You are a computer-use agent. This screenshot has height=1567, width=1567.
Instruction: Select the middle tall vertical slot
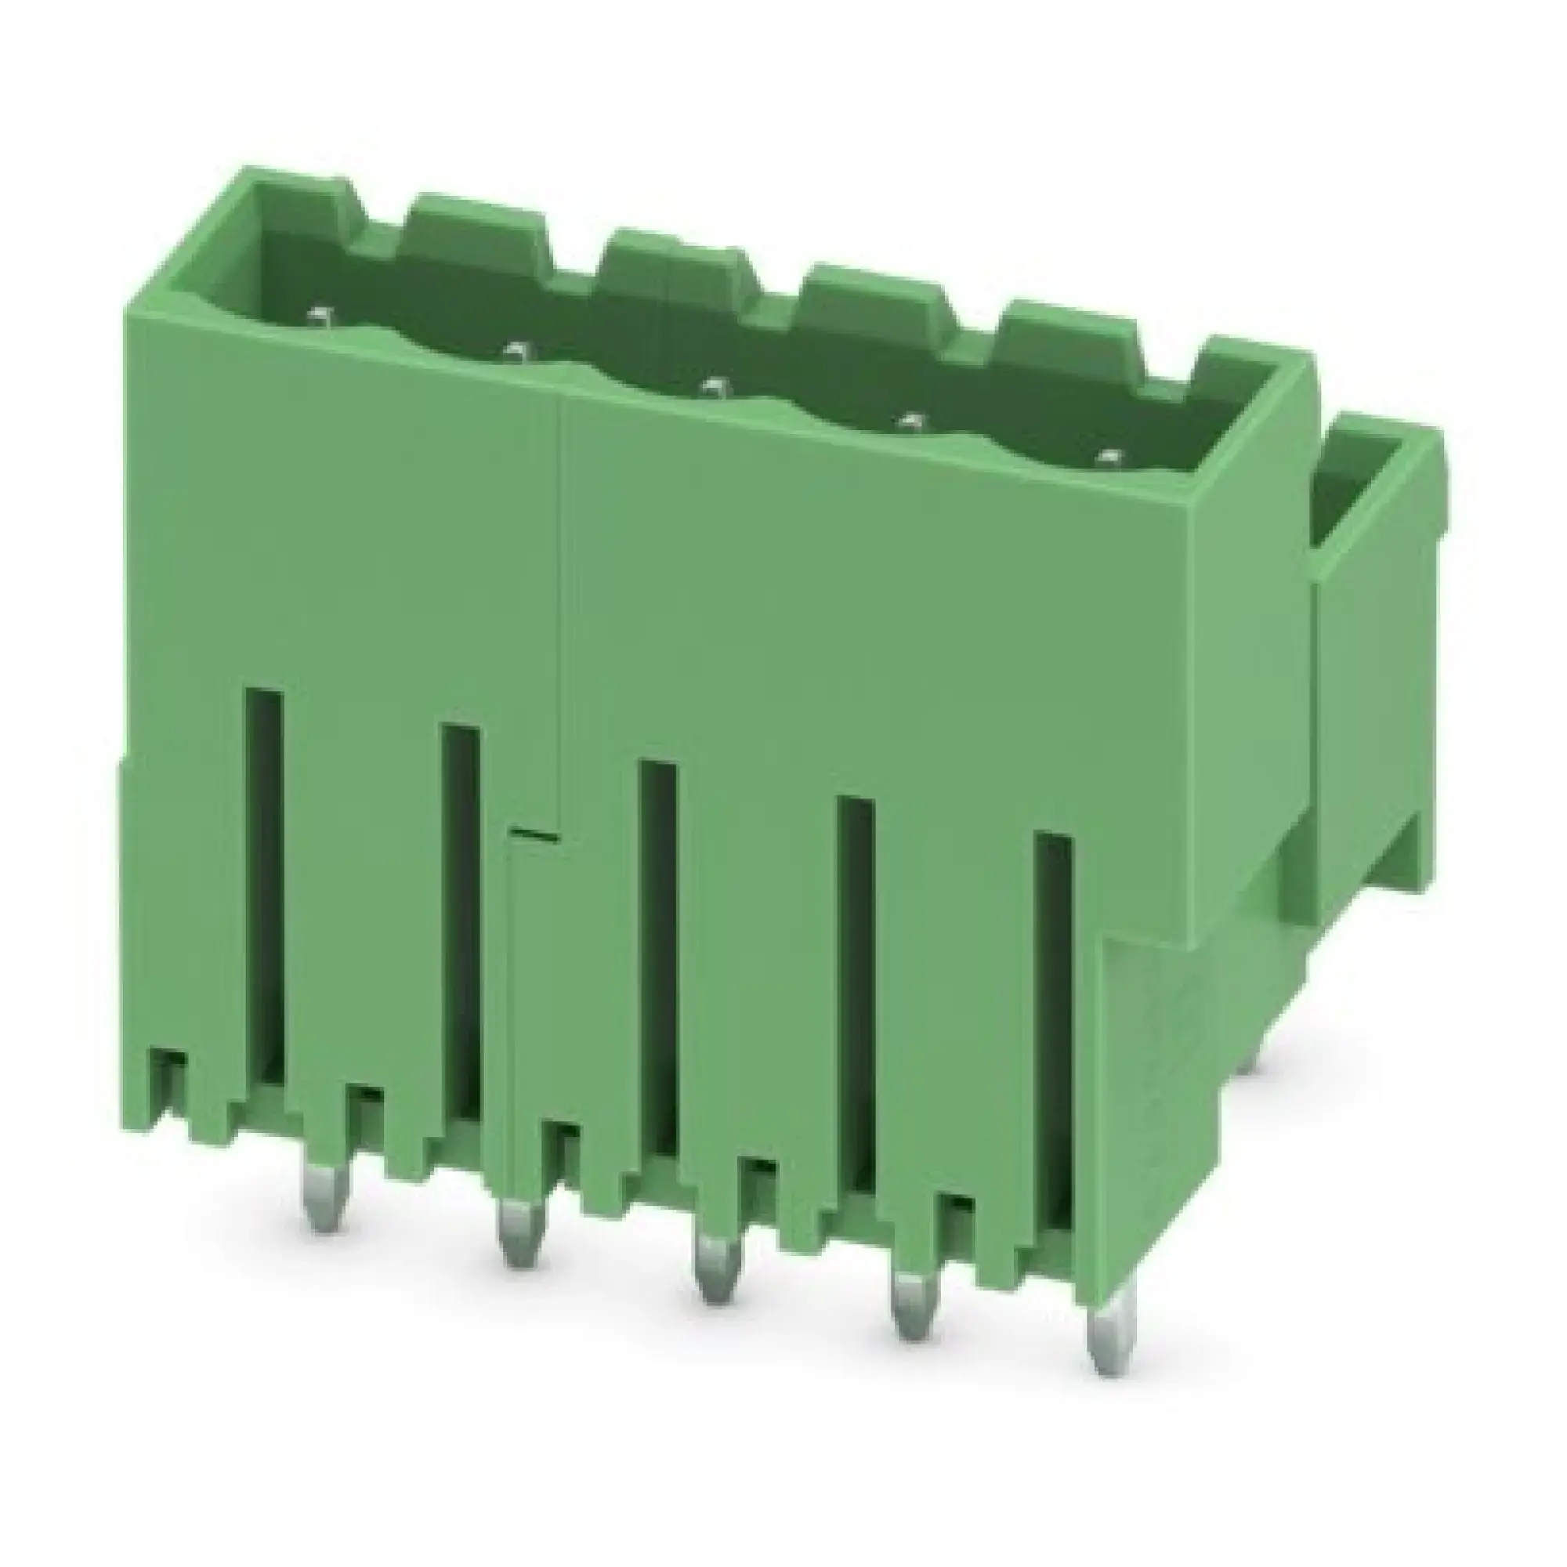658,957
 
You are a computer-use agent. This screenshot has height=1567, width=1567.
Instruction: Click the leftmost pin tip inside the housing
321,313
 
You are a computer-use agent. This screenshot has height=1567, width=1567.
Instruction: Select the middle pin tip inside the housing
714,387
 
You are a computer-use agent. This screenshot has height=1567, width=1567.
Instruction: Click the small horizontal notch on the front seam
533,833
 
